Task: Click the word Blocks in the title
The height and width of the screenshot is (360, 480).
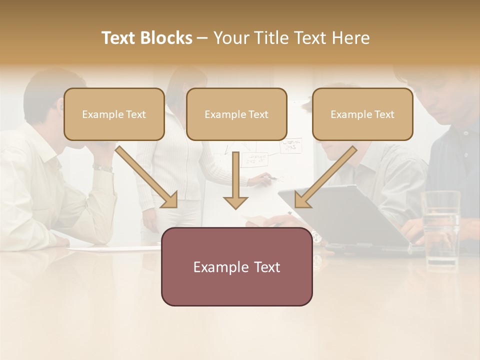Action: coord(167,38)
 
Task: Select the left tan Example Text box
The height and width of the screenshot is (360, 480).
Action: coord(114,114)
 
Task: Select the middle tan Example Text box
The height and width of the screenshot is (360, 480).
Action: coord(236,114)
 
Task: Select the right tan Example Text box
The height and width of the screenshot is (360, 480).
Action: coord(362,114)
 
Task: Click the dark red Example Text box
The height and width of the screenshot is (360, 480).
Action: coord(236,266)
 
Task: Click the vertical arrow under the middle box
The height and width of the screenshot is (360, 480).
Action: coord(235,180)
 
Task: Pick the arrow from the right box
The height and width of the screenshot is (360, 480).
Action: coord(325,177)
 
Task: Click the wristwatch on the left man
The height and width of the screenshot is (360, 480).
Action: coord(103,168)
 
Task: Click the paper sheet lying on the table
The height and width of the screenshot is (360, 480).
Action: coord(110,248)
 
